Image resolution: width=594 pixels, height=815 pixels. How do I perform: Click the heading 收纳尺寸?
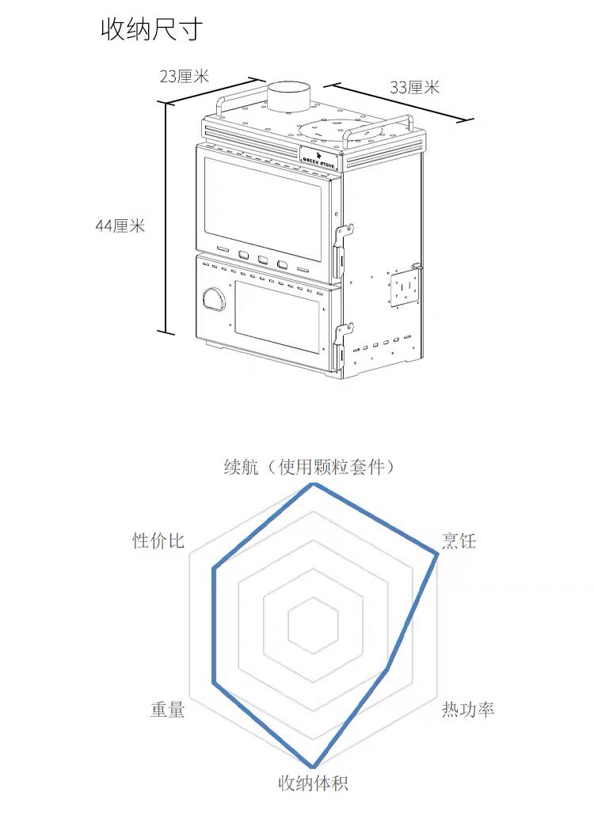[x=151, y=29]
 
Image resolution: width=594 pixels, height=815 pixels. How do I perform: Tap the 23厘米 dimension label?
[x=184, y=77]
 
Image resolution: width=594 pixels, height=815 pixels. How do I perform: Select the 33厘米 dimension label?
[x=413, y=88]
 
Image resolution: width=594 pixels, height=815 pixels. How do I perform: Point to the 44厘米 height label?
[x=120, y=226]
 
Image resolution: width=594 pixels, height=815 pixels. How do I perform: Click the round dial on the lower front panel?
[x=215, y=299]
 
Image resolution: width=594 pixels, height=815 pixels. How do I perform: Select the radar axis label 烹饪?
[x=459, y=541]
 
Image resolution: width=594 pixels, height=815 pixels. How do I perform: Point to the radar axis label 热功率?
[x=467, y=709]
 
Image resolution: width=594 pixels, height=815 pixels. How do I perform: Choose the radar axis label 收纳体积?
[x=313, y=783]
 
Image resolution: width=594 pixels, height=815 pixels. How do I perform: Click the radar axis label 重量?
[x=167, y=710]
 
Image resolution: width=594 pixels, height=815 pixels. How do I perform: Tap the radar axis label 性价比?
[x=158, y=541]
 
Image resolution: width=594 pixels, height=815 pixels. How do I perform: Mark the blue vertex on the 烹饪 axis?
[x=437, y=556]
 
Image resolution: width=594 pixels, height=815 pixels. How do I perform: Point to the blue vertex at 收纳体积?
[x=314, y=766]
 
